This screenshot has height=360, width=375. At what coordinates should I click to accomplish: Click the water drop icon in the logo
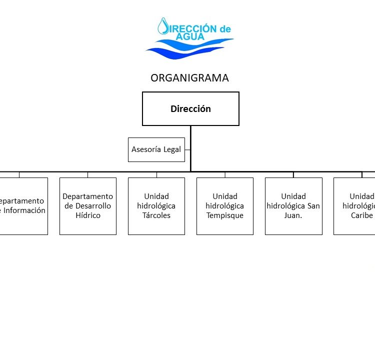coord(163,26)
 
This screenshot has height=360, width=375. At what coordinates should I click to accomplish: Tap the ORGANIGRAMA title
coord(189,78)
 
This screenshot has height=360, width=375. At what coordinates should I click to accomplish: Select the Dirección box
coord(190,108)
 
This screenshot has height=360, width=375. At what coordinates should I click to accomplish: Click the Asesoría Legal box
coord(156,149)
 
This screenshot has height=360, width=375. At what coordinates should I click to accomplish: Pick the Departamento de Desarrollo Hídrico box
coord(88,206)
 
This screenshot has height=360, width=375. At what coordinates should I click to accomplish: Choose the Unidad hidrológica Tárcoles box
coord(156,206)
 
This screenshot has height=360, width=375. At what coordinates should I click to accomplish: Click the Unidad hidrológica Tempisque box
coord(225,206)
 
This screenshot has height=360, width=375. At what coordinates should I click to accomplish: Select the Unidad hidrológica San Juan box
coord(293,206)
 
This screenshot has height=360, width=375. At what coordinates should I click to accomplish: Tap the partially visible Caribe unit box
coord(354,206)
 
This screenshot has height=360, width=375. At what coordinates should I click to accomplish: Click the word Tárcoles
coord(156,215)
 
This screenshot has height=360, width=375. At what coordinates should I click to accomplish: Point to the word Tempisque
coord(225,215)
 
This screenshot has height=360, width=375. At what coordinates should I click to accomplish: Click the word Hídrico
coord(88,215)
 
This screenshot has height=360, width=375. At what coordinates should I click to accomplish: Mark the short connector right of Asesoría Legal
coord(187,149)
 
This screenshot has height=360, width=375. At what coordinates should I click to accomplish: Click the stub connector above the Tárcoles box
coord(156,174)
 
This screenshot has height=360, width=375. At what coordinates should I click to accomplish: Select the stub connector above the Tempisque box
coord(225,174)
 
